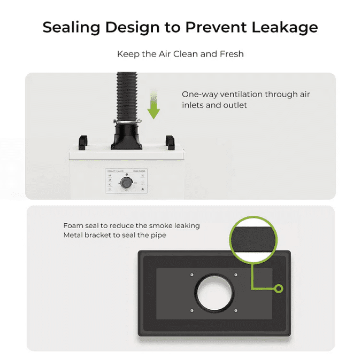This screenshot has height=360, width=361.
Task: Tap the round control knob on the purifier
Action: (x=126, y=183)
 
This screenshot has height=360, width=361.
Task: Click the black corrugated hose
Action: (x=126, y=96)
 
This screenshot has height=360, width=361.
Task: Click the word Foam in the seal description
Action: (x=73, y=225)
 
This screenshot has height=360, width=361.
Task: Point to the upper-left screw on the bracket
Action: (x=191, y=275)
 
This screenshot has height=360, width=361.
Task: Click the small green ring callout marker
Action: (x=278, y=288)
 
